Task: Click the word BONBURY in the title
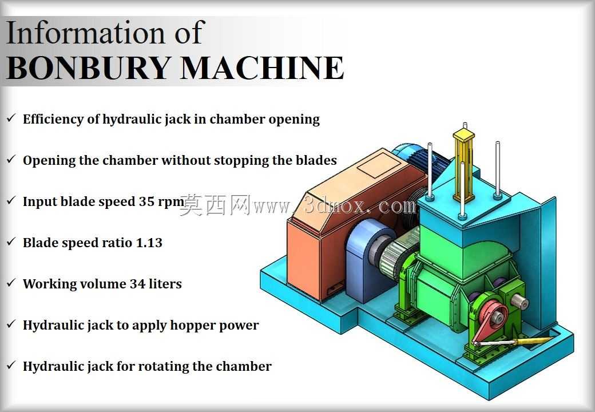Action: click(x=88, y=68)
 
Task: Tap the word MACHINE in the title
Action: click(x=262, y=68)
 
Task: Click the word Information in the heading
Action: click(x=86, y=33)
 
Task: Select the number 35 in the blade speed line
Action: click(x=146, y=201)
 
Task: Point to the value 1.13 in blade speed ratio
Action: click(x=149, y=243)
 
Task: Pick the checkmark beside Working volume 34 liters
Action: click(x=11, y=283)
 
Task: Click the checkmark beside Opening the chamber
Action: click(x=11, y=159)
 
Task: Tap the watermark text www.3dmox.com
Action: click(x=335, y=206)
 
